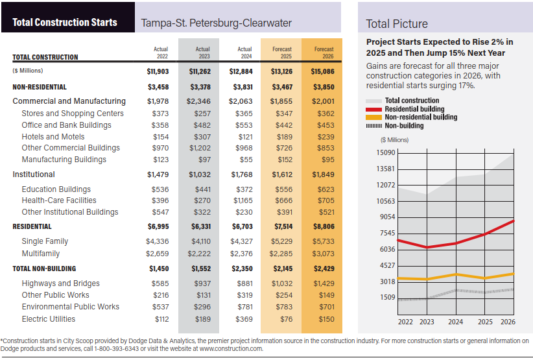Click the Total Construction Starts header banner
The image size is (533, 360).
click(x=65, y=23)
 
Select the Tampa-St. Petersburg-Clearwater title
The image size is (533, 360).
click(x=216, y=23)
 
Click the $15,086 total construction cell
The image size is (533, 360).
click(x=324, y=71)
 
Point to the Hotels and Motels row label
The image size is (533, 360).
click(x=53, y=137)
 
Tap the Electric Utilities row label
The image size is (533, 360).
click(x=49, y=318)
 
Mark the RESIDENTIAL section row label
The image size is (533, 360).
click(x=32, y=226)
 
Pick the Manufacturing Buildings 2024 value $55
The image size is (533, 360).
click(x=245, y=160)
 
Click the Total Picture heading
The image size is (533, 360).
click(x=397, y=24)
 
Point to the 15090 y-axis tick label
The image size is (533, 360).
click(x=386, y=153)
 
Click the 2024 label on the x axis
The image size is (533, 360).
click(x=456, y=321)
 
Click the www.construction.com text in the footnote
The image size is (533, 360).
click(x=232, y=348)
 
